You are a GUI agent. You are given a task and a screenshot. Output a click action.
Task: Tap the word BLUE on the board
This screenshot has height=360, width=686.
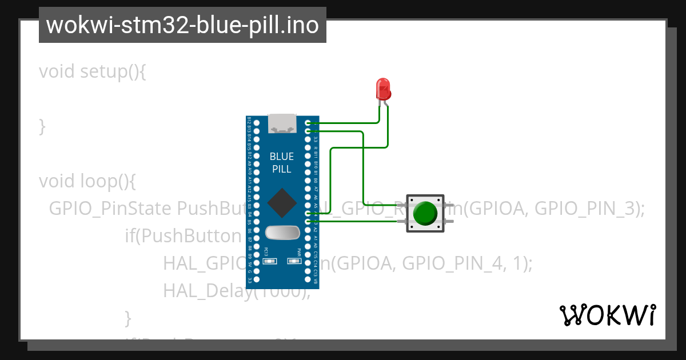282,157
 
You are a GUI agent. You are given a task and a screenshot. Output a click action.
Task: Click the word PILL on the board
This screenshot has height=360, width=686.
282,169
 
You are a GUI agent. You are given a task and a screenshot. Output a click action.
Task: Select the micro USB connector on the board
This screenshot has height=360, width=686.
282,123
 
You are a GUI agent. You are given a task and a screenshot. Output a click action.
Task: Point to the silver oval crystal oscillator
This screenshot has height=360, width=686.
282,233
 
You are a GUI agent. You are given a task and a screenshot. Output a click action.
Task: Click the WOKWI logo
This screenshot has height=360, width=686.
607,315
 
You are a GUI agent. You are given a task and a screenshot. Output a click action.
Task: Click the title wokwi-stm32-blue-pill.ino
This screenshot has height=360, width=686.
182,26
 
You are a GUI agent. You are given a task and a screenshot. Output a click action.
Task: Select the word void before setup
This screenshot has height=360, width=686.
57,71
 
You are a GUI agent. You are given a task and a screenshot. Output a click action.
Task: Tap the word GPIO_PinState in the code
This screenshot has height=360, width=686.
110,209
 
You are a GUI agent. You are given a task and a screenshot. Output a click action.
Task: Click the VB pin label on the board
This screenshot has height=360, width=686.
316,280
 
